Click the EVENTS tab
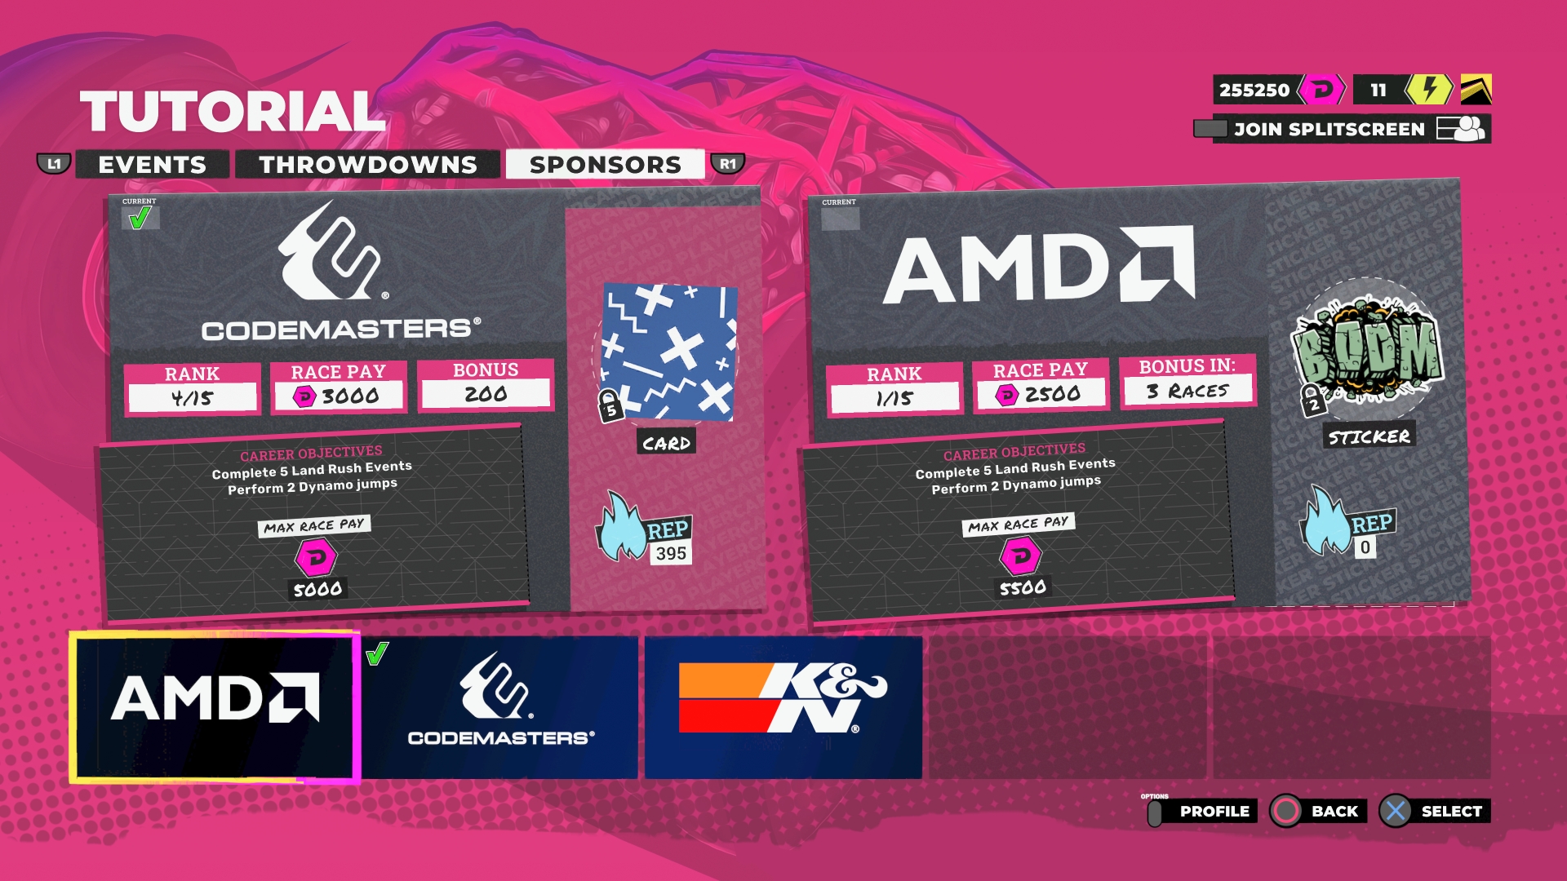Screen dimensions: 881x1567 pos(152,164)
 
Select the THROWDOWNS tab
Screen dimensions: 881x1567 pos(367,164)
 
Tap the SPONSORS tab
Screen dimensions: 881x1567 pos(605,164)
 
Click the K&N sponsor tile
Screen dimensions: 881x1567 pos(783,706)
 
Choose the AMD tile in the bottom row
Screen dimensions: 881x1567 pos(215,706)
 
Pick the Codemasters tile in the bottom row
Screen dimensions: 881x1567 pos(500,706)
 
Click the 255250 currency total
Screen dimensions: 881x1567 pos(1254,90)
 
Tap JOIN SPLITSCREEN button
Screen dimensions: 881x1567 pos(1329,129)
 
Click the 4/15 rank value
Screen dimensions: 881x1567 pos(193,398)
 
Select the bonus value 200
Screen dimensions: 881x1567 pos(486,394)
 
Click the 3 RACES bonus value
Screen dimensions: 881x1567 pos(1187,391)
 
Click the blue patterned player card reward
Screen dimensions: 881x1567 pos(669,352)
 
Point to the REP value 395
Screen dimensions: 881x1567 pos(671,553)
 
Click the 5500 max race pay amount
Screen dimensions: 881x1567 pos(1023,587)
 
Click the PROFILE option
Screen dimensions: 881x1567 pos(1214,811)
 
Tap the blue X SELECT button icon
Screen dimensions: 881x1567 pos(1395,811)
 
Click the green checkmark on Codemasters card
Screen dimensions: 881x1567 pos(140,218)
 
